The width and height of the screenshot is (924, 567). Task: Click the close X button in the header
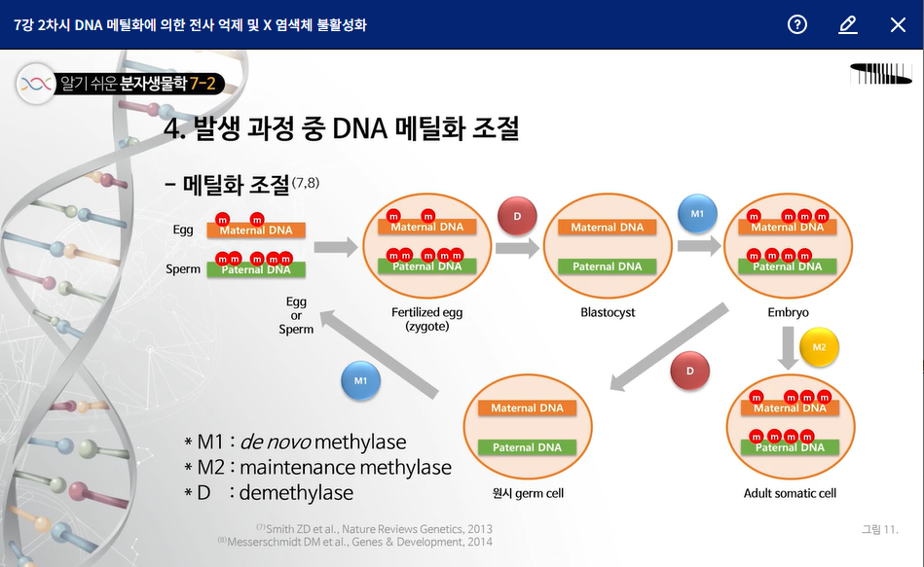pyautogui.click(x=898, y=24)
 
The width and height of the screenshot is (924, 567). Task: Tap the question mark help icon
pyautogui.click(x=797, y=24)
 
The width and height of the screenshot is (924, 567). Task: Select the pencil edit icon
pyautogui.click(x=847, y=24)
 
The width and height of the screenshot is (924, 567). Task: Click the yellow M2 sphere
pyautogui.click(x=819, y=348)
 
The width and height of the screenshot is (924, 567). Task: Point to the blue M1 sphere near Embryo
pyautogui.click(x=697, y=214)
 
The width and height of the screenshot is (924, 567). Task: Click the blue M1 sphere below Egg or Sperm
pyautogui.click(x=360, y=380)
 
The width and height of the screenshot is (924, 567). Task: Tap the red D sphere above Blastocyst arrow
pyautogui.click(x=517, y=216)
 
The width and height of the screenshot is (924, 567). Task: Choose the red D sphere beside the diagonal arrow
pyautogui.click(x=690, y=371)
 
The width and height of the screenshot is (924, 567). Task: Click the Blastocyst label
pyautogui.click(x=608, y=312)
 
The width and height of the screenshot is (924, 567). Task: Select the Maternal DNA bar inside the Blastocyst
pyautogui.click(x=607, y=228)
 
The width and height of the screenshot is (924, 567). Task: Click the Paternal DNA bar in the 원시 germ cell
pyautogui.click(x=527, y=447)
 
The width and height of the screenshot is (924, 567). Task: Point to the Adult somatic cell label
pyautogui.click(x=790, y=493)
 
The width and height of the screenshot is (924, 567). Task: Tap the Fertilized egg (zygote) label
pyautogui.click(x=426, y=319)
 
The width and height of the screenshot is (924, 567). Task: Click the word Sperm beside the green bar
pyautogui.click(x=183, y=269)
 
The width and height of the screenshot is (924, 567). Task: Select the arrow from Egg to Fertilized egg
pyautogui.click(x=336, y=247)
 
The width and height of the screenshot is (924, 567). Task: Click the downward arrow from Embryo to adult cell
pyautogui.click(x=789, y=348)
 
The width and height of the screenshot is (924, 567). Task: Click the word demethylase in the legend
pyautogui.click(x=296, y=492)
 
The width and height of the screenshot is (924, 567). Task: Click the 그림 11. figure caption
pyautogui.click(x=879, y=529)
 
